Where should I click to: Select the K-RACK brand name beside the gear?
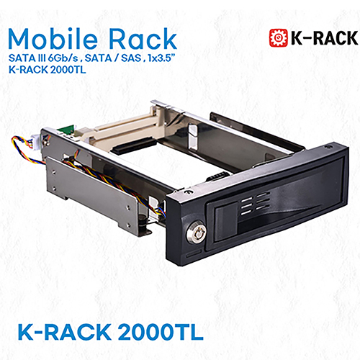[x=318, y=38]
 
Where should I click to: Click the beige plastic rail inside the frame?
[x=115, y=135]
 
